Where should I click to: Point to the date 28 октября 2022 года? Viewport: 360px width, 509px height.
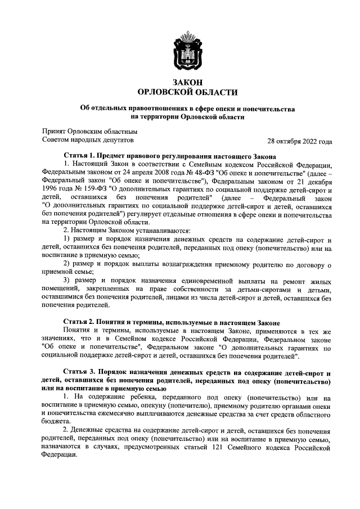click(300, 141)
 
